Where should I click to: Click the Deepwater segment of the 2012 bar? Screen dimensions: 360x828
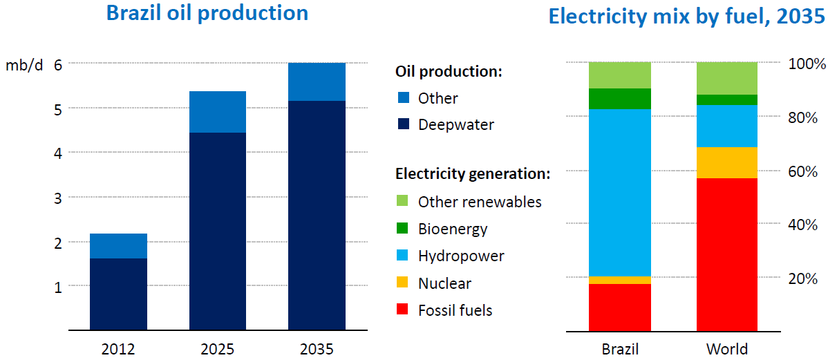[118, 294]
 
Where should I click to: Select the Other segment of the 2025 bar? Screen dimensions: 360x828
[217, 112]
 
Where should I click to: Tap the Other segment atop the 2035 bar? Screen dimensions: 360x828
[317, 82]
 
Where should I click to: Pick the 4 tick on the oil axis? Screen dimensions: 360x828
[59, 153]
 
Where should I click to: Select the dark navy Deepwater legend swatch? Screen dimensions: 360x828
[402, 125]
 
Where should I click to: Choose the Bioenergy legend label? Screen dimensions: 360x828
[453, 229]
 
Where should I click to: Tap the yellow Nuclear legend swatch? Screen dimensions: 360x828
[402, 283]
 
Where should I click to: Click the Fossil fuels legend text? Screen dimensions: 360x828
[455, 310]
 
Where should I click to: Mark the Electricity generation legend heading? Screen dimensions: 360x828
[472, 173]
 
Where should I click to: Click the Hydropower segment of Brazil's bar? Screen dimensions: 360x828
[620, 193]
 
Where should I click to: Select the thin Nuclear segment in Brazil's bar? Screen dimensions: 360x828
[620, 280]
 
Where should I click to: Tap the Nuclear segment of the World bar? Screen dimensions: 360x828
[727, 162]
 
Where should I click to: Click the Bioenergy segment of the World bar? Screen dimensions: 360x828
[727, 100]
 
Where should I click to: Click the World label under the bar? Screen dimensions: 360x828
[727, 348]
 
